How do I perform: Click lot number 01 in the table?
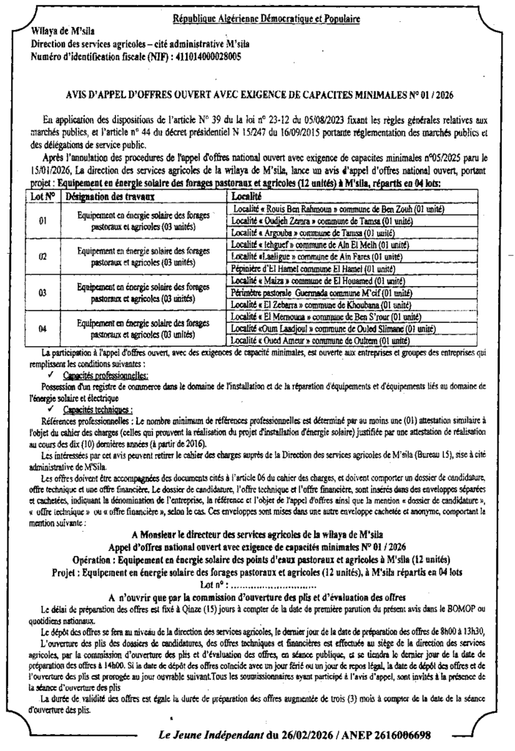point(43,220)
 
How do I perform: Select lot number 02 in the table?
point(43,257)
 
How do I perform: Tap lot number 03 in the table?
point(43,293)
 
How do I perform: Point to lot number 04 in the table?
point(43,329)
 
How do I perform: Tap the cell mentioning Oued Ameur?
point(319,341)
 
